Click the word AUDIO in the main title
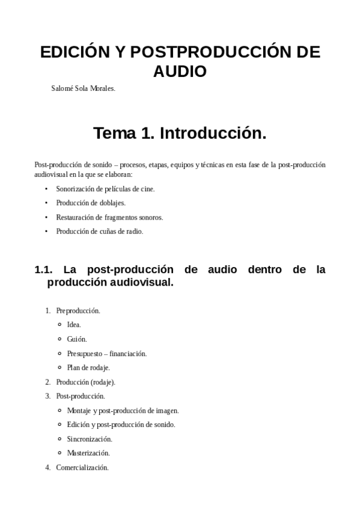pos(180,72)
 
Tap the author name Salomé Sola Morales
pos(84,88)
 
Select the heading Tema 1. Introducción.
pos(180,134)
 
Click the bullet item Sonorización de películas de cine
pos(105,189)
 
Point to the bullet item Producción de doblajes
pos(91,203)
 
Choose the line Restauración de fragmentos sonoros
pos(109,217)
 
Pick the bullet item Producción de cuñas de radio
pos(100,231)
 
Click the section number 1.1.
pos(44,269)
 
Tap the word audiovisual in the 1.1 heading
pos(145,282)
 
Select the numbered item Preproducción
pos(78,311)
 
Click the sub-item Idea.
pos(74,325)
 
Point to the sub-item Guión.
pos(77,339)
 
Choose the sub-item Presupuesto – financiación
pos(107,354)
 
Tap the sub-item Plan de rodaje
pos(88,367)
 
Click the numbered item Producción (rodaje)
pos(85,382)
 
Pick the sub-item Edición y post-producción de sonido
pos(121,425)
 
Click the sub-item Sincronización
pos(90,439)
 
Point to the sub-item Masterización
pos(88,453)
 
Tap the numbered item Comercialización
pos(82,467)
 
